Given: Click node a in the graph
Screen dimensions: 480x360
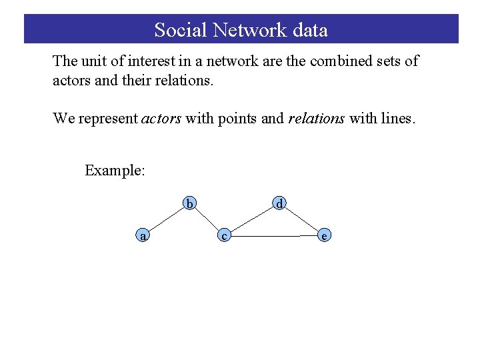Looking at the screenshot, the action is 141,235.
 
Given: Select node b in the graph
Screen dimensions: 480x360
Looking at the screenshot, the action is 190,203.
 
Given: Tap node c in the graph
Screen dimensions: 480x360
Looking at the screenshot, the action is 225,235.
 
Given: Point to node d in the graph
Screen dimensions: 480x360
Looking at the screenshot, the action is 280,203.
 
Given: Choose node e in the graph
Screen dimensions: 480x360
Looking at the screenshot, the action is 324,235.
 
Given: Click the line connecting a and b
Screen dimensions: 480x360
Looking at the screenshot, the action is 165,219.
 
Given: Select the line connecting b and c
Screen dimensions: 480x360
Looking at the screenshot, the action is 207,219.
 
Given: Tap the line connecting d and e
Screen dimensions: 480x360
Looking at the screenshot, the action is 302,219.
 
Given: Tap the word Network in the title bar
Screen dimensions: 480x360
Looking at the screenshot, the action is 248,30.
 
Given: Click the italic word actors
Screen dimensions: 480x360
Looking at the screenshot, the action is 161,119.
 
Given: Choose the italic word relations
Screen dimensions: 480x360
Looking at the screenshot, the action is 317,119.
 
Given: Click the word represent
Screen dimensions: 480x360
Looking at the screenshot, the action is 108,119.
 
